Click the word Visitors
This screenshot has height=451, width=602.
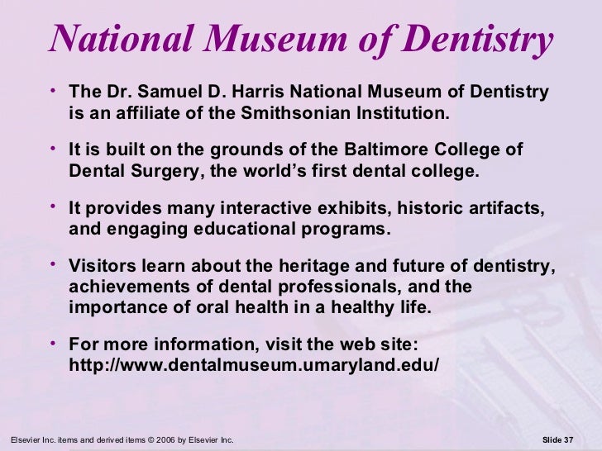click(98, 267)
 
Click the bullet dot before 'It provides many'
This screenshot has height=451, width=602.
click(52, 206)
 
